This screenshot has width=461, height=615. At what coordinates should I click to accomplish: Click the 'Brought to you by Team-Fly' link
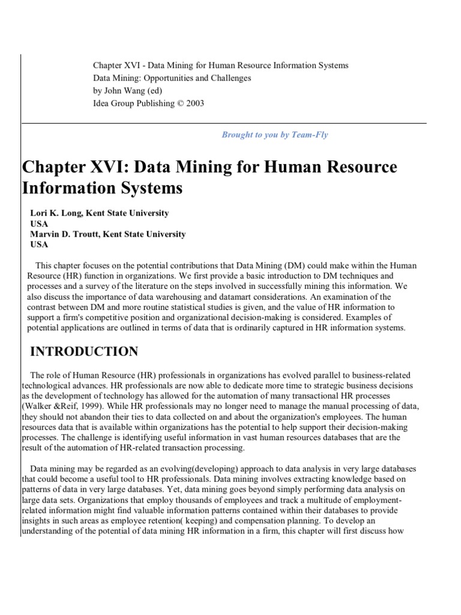[275, 135]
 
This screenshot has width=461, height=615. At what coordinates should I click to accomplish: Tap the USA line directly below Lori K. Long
[39, 223]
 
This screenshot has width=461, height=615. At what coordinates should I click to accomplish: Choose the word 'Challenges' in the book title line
[231, 78]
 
